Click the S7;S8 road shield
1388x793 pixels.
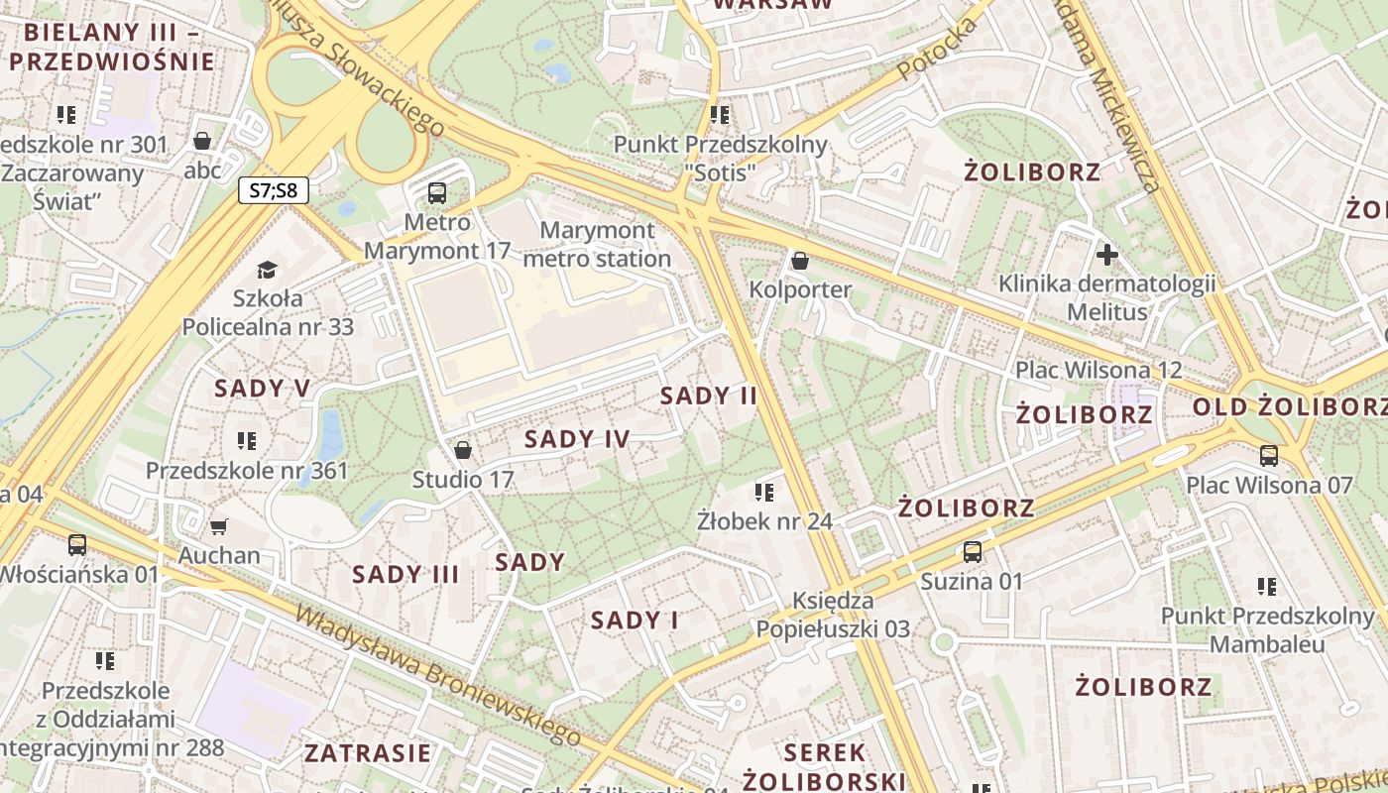coord(274,190)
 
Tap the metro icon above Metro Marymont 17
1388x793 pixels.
coord(437,193)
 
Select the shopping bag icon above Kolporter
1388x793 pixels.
coord(800,261)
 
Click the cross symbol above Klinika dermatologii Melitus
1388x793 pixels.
coord(1107,255)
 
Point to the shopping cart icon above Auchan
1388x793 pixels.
coord(219,526)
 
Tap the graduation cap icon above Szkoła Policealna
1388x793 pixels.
coord(267,270)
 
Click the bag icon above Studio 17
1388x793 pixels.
coord(462,451)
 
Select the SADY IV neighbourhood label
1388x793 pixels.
coord(577,439)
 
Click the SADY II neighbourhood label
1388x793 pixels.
coord(709,396)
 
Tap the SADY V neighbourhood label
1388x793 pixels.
coord(263,389)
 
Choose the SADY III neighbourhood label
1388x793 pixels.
coord(405,574)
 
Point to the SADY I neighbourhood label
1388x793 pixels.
coord(635,621)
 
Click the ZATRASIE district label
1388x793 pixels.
coord(368,752)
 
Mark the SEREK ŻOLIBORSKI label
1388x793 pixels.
coord(825,766)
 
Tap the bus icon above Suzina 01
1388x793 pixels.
coord(973,552)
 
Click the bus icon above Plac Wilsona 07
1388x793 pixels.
coord(1269,456)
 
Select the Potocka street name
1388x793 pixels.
coord(937,50)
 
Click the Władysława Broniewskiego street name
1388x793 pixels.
coord(437,673)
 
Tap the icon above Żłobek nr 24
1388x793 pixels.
coord(763,492)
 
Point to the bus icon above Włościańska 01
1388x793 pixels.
coord(77,544)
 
